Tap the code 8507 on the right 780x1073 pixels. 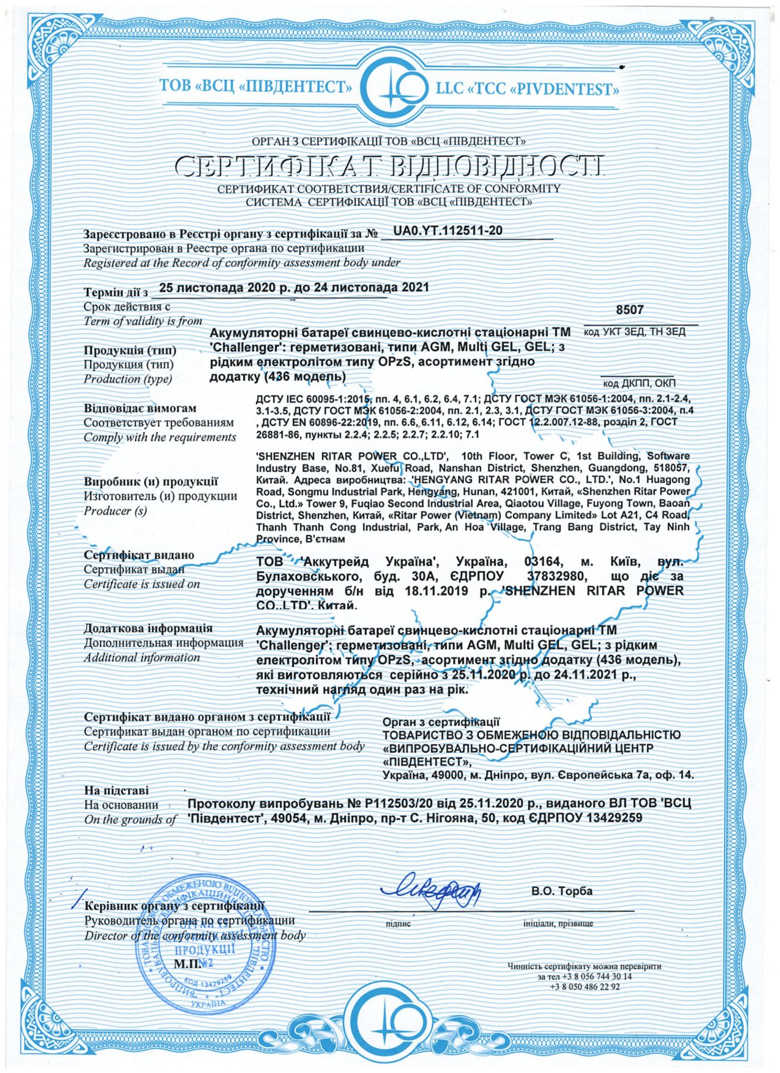pyautogui.click(x=630, y=310)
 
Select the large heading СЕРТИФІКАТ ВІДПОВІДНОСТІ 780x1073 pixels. pyautogui.click(x=390, y=166)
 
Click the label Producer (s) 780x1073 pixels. pyautogui.click(x=115, y=511)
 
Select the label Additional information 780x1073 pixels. pyautogui.click(x=141, y=658)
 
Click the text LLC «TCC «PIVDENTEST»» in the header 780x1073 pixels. pyautogui.click(x=526, y=89)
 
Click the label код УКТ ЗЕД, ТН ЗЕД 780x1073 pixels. pyautogui.click(x=634, y=332)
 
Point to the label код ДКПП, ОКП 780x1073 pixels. pyautogui.click(x=639, y=383)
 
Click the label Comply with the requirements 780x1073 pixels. pyautogui.click(x=160, y=438)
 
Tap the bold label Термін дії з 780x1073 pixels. pyautogui.click(x=116, y=293)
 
